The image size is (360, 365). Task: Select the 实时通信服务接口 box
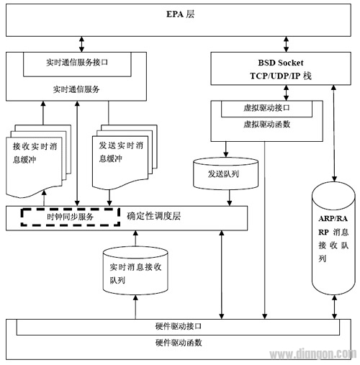(78, 63)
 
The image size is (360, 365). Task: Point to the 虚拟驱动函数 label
(267, 125)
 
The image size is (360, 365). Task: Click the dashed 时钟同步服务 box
(68, 216)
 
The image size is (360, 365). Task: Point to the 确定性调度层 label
(161, 216)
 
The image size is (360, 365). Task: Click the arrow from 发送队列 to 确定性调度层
(229, 197)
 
